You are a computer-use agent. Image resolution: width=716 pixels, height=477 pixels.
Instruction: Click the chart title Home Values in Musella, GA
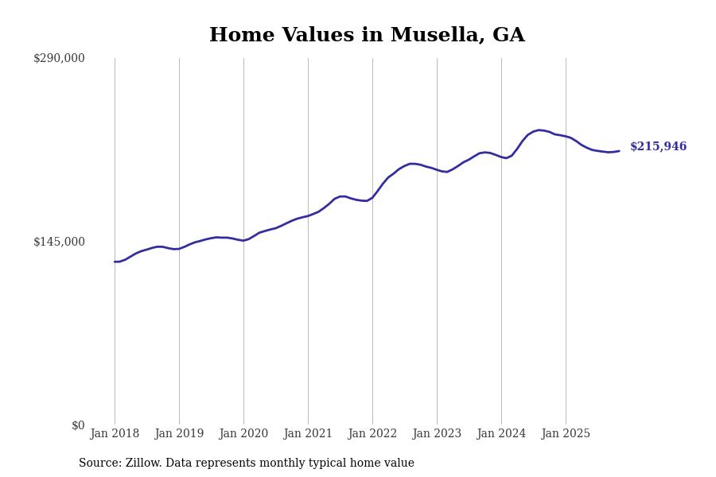(x=367, y=36)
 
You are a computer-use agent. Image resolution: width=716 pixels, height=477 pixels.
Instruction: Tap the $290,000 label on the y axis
(x=59, y=58)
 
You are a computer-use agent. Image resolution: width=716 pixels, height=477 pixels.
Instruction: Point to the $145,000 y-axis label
(x=59, y=242)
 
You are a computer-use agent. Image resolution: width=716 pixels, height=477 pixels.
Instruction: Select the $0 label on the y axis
(x=78, y=425)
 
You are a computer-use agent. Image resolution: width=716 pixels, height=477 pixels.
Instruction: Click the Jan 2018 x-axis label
(x=115, y=434)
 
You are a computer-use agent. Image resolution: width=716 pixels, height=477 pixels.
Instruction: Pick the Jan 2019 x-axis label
(x=179, y=434)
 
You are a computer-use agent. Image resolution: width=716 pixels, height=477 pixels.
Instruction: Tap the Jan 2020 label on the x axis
(x=243, y=434)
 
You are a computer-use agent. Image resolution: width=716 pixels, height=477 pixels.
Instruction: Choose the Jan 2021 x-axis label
(x=308, y=434)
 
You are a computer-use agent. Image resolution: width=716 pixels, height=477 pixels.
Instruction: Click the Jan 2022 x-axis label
(x=372, y=434)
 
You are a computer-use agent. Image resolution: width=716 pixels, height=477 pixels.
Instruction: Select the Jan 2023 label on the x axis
(x=437, y=434)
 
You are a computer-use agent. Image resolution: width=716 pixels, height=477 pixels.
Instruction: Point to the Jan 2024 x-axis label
(x=501, y=434)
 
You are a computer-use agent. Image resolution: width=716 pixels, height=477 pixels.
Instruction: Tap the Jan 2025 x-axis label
(x=566, y=434)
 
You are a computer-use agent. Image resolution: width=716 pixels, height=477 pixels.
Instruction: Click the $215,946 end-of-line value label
(x=658, y=147)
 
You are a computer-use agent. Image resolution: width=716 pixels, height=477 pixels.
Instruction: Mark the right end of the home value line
(x=619, y=151)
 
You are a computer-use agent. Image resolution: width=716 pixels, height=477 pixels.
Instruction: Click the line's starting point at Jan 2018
(x=115, y=262)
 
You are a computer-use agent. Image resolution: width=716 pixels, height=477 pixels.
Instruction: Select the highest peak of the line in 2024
(x=539, y=130)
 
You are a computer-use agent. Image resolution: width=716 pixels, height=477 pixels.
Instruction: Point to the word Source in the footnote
(x=99, y=463)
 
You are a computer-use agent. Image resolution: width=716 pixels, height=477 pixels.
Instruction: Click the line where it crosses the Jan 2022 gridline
(x=372, y=197)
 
